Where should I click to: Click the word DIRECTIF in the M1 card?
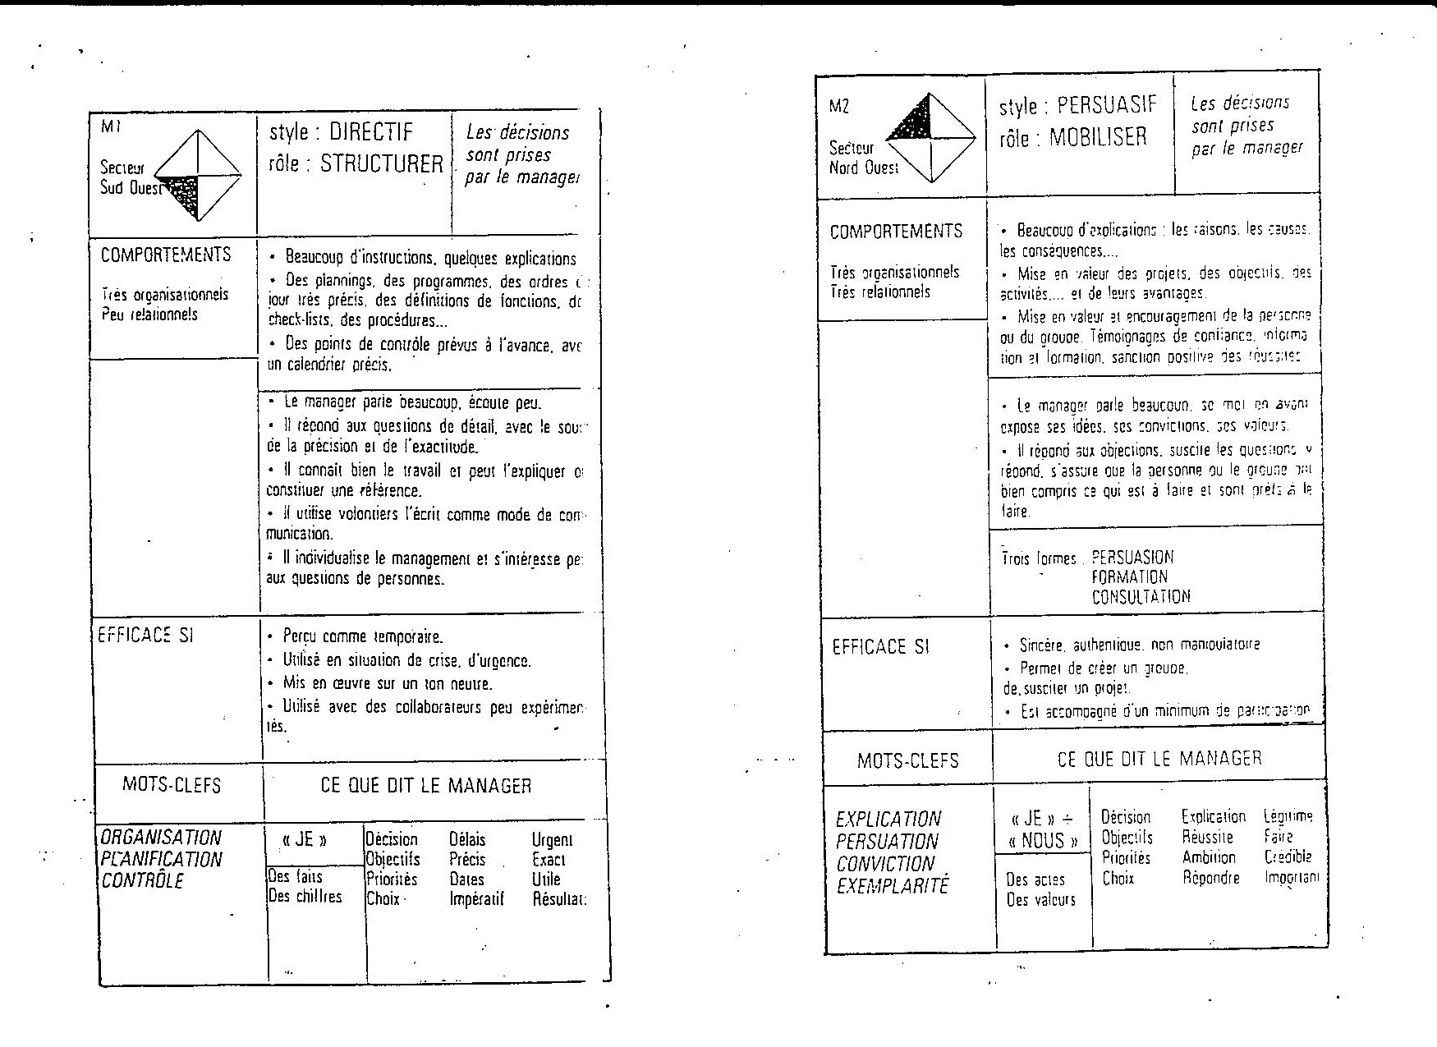(371, 133)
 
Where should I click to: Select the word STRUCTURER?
(381, 163)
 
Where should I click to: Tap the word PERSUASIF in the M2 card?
(1107, 105)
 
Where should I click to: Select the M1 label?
(110, 126)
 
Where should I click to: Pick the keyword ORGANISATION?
(161, 838)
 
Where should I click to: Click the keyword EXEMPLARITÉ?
(892, 886)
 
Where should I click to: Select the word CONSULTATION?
(1141, 597)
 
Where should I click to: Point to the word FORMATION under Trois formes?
(1129, 577)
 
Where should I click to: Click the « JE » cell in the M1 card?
(305, 840)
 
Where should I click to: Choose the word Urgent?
(552, 840)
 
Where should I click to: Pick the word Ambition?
(1209, 857)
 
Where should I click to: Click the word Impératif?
(476, 899)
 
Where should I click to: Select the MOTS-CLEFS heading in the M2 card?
(907, 760)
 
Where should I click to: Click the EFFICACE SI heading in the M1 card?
(146, 635)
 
